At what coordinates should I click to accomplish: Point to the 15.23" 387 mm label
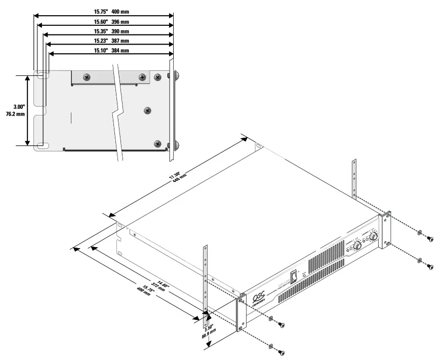click(111, 41)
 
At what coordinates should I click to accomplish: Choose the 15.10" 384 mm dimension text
click(111, 51)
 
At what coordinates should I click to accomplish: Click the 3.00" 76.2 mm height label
click(11, 110)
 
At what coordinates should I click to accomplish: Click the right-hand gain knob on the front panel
click(374, 236)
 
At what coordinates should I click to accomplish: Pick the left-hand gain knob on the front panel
click(357, 246)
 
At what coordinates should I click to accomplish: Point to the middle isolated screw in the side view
click(148, 109)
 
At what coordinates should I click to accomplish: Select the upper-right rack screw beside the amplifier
click(430, 238)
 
